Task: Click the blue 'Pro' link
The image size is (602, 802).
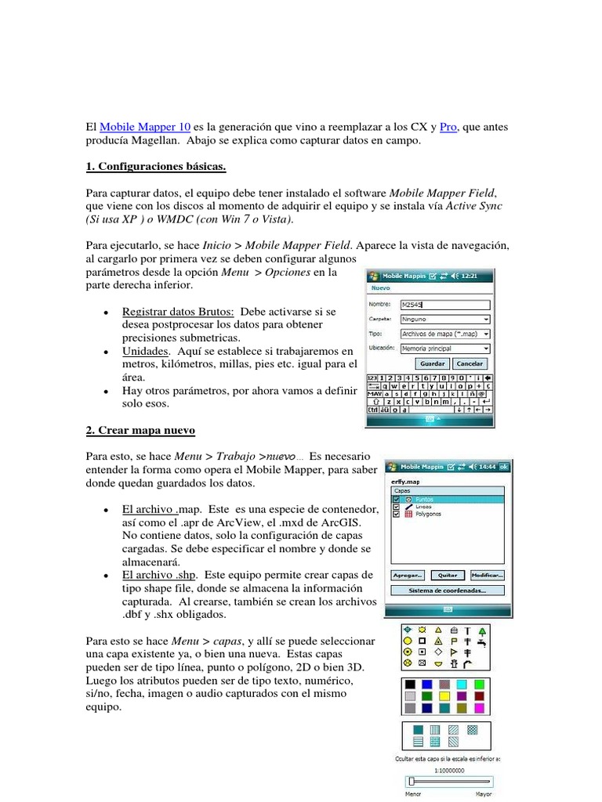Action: click(448, 127)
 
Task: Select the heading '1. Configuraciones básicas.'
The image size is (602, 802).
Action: click(156, 167)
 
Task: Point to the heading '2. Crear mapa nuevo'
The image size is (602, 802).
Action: click(140, 431)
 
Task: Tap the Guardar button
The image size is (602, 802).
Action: click(433, 363)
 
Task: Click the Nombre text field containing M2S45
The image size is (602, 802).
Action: click(444, 305)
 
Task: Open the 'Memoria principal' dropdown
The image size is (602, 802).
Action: click(444, 347)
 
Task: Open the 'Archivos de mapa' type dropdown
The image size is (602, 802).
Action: click(444, 333)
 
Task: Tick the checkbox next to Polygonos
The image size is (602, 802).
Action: click(397, 514)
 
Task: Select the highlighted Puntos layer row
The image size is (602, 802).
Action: click(447, 499)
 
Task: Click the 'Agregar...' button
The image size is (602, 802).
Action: click(408, 574)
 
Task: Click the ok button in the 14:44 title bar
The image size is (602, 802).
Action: click(504, 467)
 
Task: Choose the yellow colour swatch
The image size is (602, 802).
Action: click(445, 695)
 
